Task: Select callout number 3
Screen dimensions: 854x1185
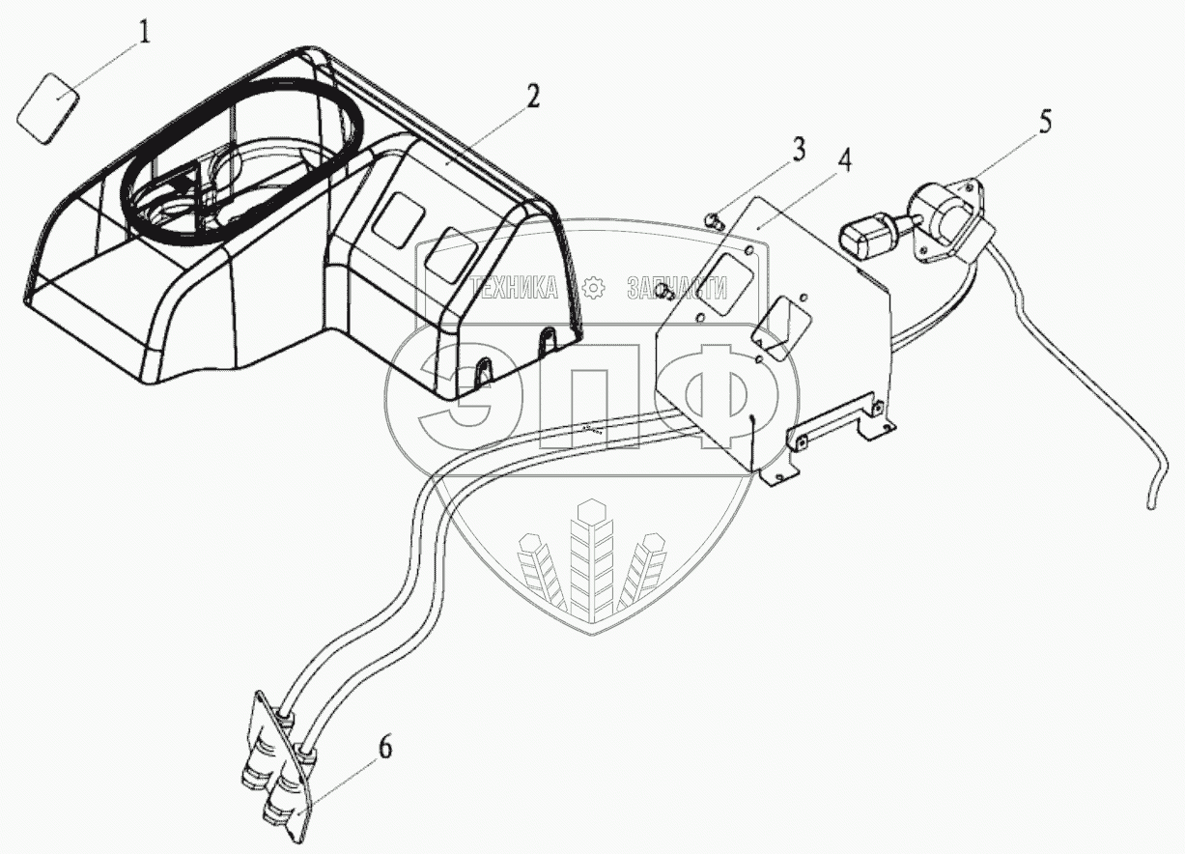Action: point(798,151)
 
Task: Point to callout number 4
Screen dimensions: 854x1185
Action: point(843,161)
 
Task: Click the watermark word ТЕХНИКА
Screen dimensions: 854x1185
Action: point(516,286)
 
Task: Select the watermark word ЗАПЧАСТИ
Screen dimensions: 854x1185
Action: point(676,286)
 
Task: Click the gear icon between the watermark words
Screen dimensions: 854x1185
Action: point(594,286)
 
